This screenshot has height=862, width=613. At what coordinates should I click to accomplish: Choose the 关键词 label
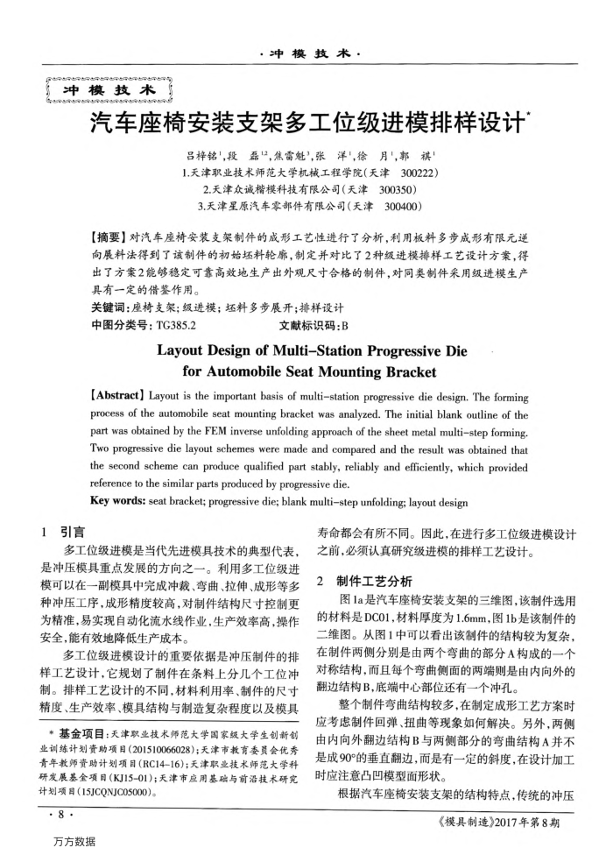click(109, 308)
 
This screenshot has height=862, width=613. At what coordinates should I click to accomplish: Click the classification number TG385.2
click(174, 325)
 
